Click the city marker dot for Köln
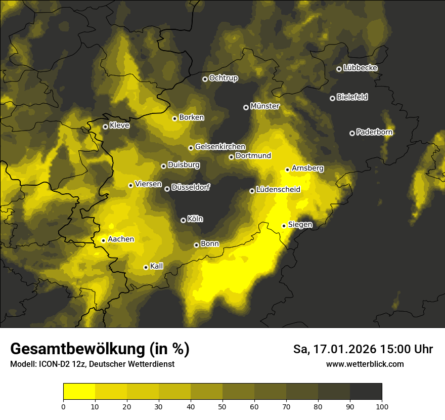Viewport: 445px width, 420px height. click(x=183, y=220)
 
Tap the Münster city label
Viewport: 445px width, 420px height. click(x=265, y=106)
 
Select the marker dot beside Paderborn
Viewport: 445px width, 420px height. click(x=352, y=133)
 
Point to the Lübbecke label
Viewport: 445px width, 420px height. click(x=360, y=68)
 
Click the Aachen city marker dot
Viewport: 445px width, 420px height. click(x=103, y=240)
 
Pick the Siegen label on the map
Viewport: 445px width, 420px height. click(x=300, y=225)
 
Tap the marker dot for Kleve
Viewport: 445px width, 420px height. click(x=105, y=127)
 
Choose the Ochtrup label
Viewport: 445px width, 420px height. click(x=223, y=78)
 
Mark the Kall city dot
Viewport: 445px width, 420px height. click(x=146, y=267)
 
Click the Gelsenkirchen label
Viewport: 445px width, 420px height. click(x=220, y=147)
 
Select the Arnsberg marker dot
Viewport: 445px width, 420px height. click(x=287, y=170)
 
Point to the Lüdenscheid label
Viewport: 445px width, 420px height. click(x=278, y=190)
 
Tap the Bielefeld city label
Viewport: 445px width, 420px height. click(x=352, y=97)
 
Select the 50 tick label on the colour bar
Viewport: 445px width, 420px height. click(x=223, y=406)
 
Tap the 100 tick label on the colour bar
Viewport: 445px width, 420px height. click(x=382, y=406)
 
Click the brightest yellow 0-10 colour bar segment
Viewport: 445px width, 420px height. click(x=79, y=391)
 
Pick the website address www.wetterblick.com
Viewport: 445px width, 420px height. click(x=365, y=364)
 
